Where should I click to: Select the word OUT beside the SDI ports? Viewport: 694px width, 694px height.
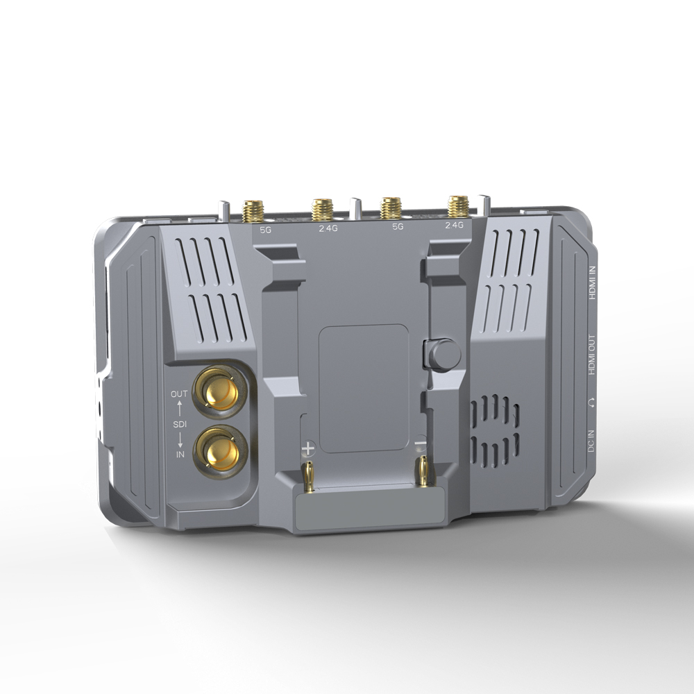tap(179, 394)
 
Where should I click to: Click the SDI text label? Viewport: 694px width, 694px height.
tap(179, 423)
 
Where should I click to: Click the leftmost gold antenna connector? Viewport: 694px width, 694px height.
tap(253, 210)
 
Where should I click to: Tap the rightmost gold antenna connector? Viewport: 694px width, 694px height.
tap(458, 206)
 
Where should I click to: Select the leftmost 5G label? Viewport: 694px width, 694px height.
tap(266, 229)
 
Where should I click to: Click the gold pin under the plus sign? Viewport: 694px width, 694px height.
tap(310, 475)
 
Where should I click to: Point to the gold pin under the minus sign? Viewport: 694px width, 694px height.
tap(421, 471)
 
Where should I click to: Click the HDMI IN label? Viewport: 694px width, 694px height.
tap(592, 284)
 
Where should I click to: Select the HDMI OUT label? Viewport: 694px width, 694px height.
tap(592, 355)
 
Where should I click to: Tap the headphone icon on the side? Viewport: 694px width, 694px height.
tap(591, 402)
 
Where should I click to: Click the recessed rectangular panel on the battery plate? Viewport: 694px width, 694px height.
tap(363, 389)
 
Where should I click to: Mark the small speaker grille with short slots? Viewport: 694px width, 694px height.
tap(495, 431)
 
